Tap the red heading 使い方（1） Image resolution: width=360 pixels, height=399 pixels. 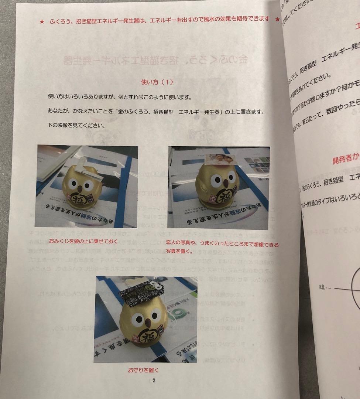tap(157, 82)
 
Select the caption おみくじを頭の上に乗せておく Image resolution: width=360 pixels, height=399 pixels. tap(83, 242)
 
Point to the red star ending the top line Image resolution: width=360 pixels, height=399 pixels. tap(277, 19)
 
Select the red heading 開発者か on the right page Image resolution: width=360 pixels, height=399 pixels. tap(346, 160)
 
